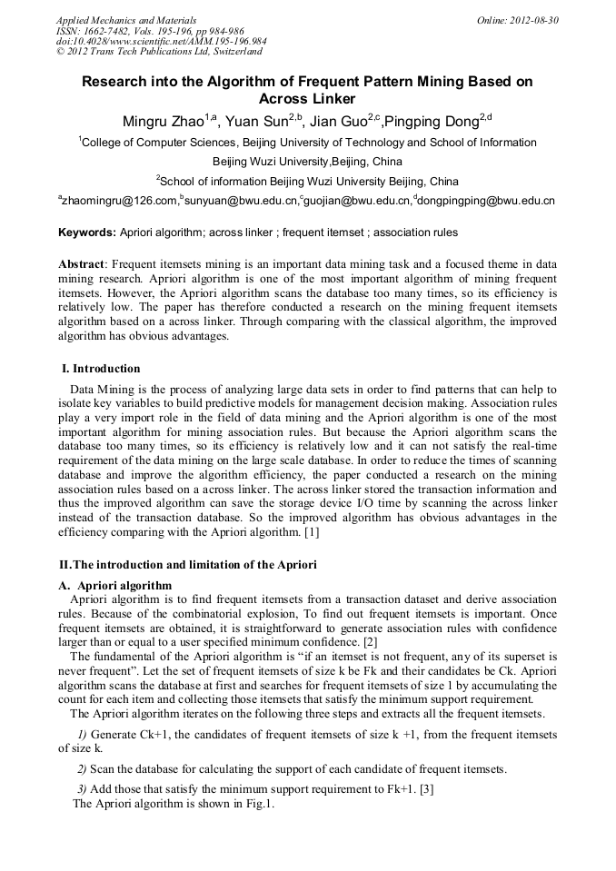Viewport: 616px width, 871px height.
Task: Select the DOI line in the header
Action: (161, 41)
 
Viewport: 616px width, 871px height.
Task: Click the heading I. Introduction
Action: (101, 369)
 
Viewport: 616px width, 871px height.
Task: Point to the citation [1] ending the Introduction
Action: (312, 532)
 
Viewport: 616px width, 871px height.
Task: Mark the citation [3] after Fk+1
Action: (426, 789)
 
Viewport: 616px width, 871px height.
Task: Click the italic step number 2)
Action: (82, 769)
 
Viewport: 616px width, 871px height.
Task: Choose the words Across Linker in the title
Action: (307, 98)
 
